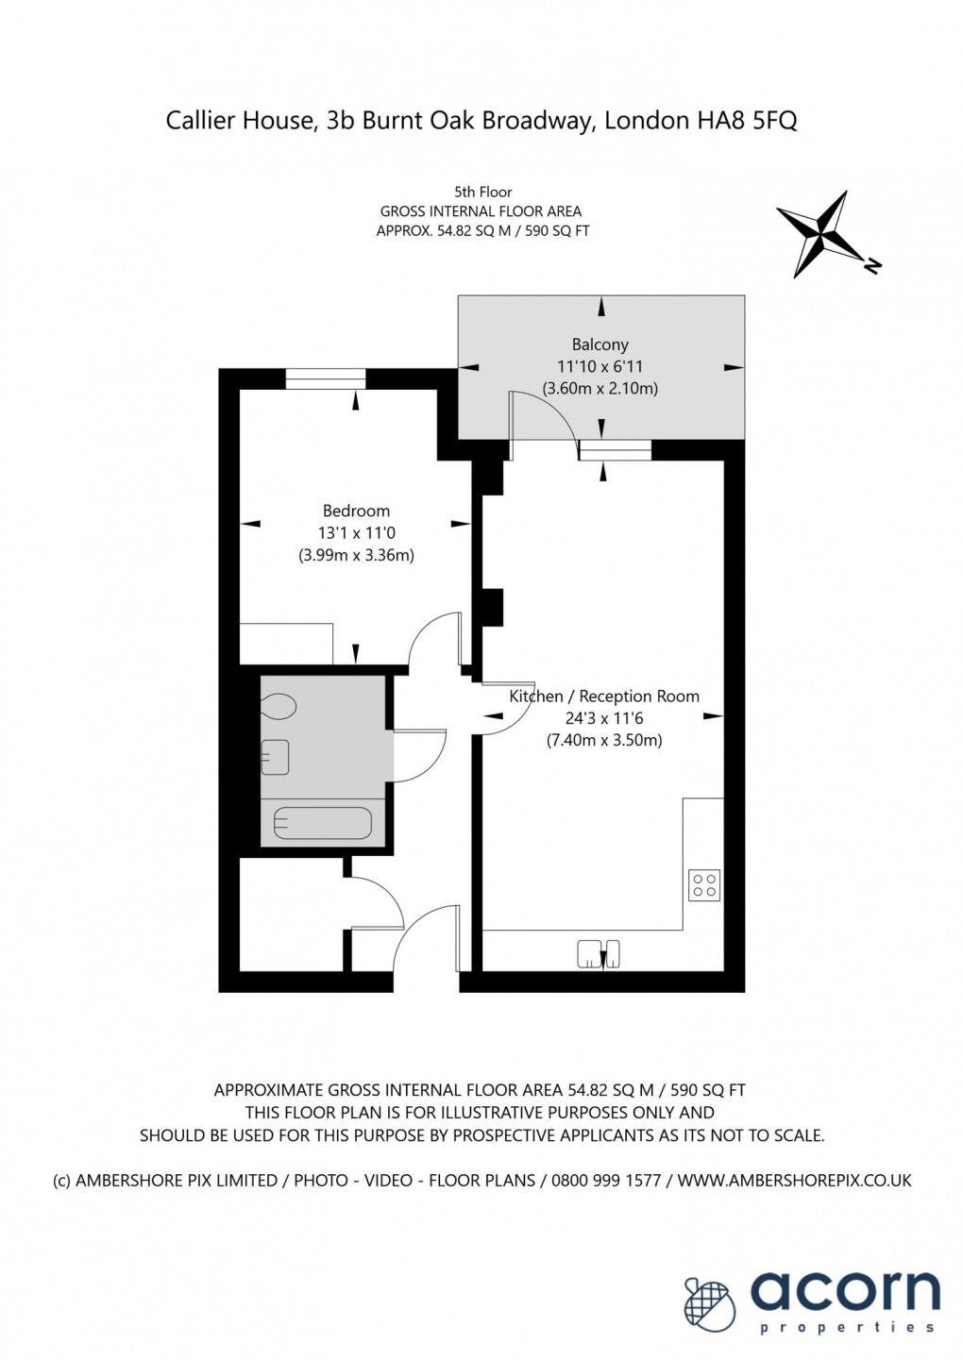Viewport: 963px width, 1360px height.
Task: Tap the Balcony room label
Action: (x=600, y=344)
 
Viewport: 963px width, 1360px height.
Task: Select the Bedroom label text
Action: (x=356, y=511)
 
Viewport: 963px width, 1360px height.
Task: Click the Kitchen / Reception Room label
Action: (x=604, y=696)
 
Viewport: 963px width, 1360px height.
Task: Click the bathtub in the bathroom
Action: (x=322, y=824)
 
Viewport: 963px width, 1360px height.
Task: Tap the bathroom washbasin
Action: (x=275, y=757)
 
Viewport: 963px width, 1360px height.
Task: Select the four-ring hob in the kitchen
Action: (x=704, y=884)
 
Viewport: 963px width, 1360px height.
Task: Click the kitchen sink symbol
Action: (x=599, y=953)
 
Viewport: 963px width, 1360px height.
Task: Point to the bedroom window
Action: (x=326, y=378)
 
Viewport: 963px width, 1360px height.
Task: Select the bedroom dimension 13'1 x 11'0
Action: (x=356, y=533)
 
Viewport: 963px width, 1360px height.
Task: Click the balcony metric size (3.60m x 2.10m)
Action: (x=600, y=388)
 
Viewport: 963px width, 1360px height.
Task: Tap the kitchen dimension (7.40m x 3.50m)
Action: (x=604, y=740)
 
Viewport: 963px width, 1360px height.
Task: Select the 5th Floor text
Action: (x=482, y=192)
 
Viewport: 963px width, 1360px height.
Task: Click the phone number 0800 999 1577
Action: (x=608, y=1180)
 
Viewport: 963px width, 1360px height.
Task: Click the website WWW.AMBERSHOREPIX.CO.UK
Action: (x=794, y=1180)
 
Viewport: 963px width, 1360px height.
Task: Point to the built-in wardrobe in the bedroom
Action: (x=286, y=644)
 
